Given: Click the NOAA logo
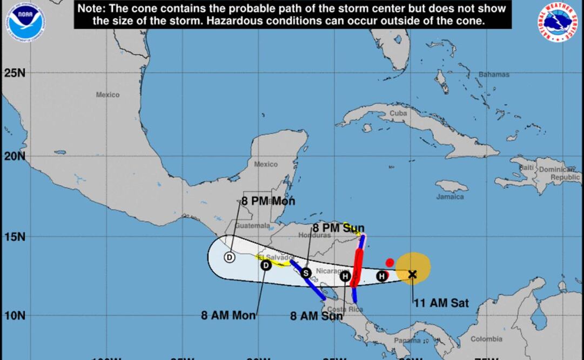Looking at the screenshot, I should [x=25, y=19].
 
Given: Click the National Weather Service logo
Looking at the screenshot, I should [x=557, y=22].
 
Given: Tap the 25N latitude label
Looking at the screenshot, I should [x=16, y=73].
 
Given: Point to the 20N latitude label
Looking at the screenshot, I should [x=16, y=156].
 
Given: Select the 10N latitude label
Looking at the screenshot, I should [x=16, y=315].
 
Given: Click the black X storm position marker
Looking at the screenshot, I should [x=412, y=274].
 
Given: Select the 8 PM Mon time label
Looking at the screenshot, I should [x=268, y=201].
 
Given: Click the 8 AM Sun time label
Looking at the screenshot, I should [x=316, y=316].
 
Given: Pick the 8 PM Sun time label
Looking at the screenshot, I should [x=339, y=228].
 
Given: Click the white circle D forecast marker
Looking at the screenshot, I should [x=230, y=257].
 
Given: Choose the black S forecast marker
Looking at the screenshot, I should [x=305, y=273].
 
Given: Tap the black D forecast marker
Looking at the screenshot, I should [x=266, y=265].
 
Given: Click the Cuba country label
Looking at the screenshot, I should [x=398, y=114].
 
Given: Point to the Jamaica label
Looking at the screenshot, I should [x=450, y=197].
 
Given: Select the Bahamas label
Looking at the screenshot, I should [x=494, y=75].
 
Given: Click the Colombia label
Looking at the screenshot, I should [x=486, y=339].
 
